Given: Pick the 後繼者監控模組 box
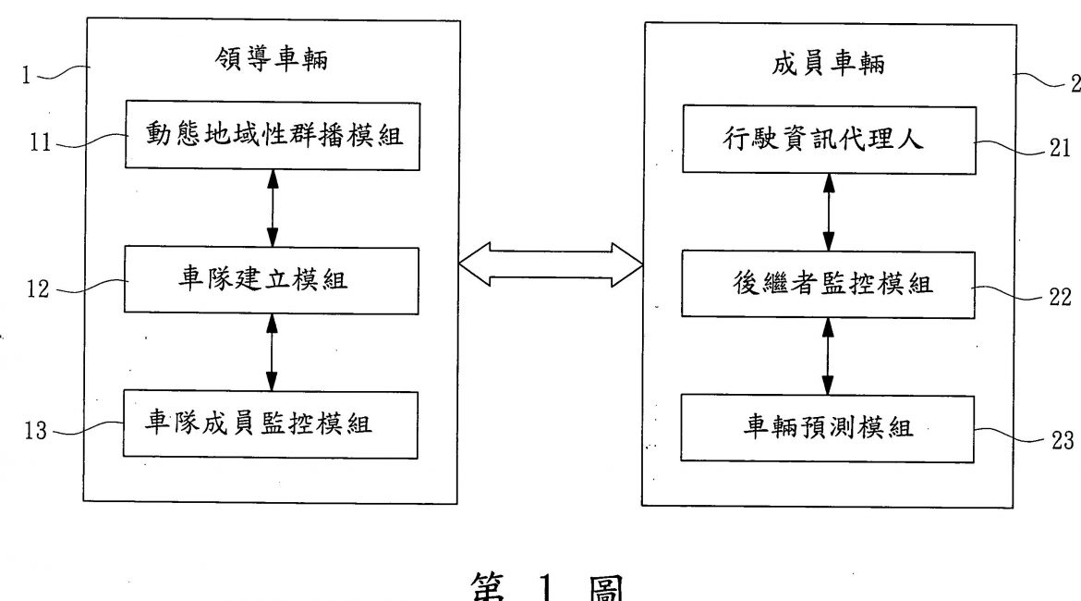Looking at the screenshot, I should coord(828,285).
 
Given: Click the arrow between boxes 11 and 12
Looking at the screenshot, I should coord(272,207).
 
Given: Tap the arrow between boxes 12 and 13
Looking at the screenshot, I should coord(272,352).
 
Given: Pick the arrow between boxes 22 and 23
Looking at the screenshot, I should coord(828,356).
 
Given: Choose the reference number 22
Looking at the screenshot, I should coord(1061,297).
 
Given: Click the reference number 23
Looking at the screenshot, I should coord(1061,440).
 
